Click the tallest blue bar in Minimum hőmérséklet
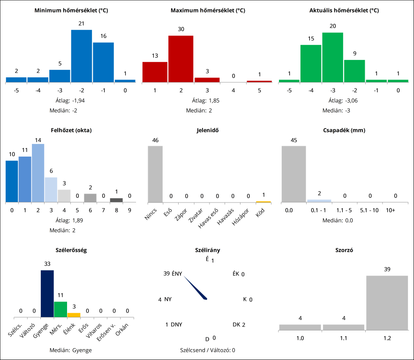click(x=82, y=56)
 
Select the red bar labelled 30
click(x=181, y=59)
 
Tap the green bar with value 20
click(x=332, y=57)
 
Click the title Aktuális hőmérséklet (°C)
click(x=344, y=10)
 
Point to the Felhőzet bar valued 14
click(x=38, y=173)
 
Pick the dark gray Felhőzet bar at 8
click(x=116, y=200)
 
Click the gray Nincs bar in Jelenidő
click(x=155, y=174)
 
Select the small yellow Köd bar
click(x=263, y=202)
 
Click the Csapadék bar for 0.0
click(x=294, y=174)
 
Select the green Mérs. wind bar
click(x=60, y=309)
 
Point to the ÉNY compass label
click(x=177, y=274)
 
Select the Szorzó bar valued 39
click(x=387, y=303)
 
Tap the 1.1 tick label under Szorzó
click(x=343, y=337)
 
